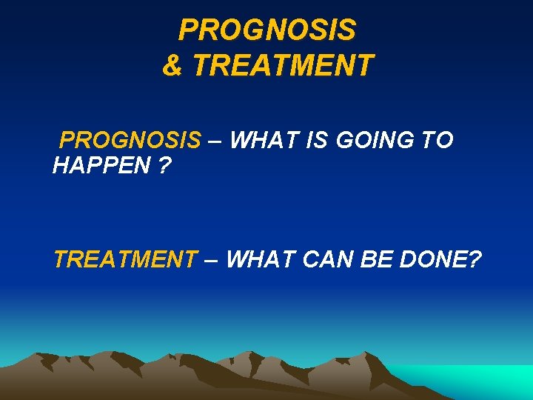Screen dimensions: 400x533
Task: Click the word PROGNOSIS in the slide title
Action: point(267,30)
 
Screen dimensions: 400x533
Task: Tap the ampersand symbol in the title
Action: point(172,65)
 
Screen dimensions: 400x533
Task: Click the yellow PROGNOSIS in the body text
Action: point(130,140)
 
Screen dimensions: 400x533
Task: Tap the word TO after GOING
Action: point(438,140)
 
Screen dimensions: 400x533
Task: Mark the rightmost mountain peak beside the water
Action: point(370,354)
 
